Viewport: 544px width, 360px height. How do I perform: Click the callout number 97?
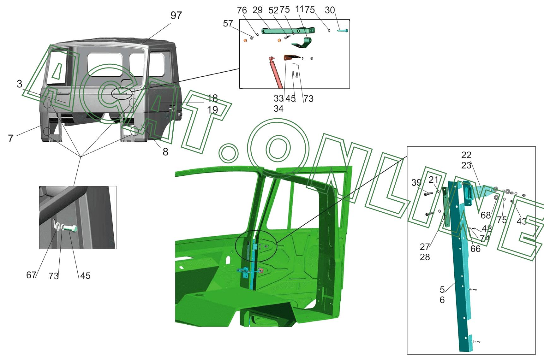click(176, 15)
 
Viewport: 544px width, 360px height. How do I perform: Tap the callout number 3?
click(20, 84)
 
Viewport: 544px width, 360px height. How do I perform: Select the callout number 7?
click(11, 139)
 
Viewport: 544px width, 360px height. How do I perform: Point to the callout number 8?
click(165, 152)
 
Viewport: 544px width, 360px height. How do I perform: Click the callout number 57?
click(228, 24)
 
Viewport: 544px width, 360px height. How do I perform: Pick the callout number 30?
click(330, 10)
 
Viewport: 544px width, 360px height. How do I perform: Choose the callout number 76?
click(242, 10)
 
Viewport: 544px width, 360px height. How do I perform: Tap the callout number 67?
click(31, 275)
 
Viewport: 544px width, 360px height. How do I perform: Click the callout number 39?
click(416, 183)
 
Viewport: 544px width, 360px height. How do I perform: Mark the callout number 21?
click(433, 180)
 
